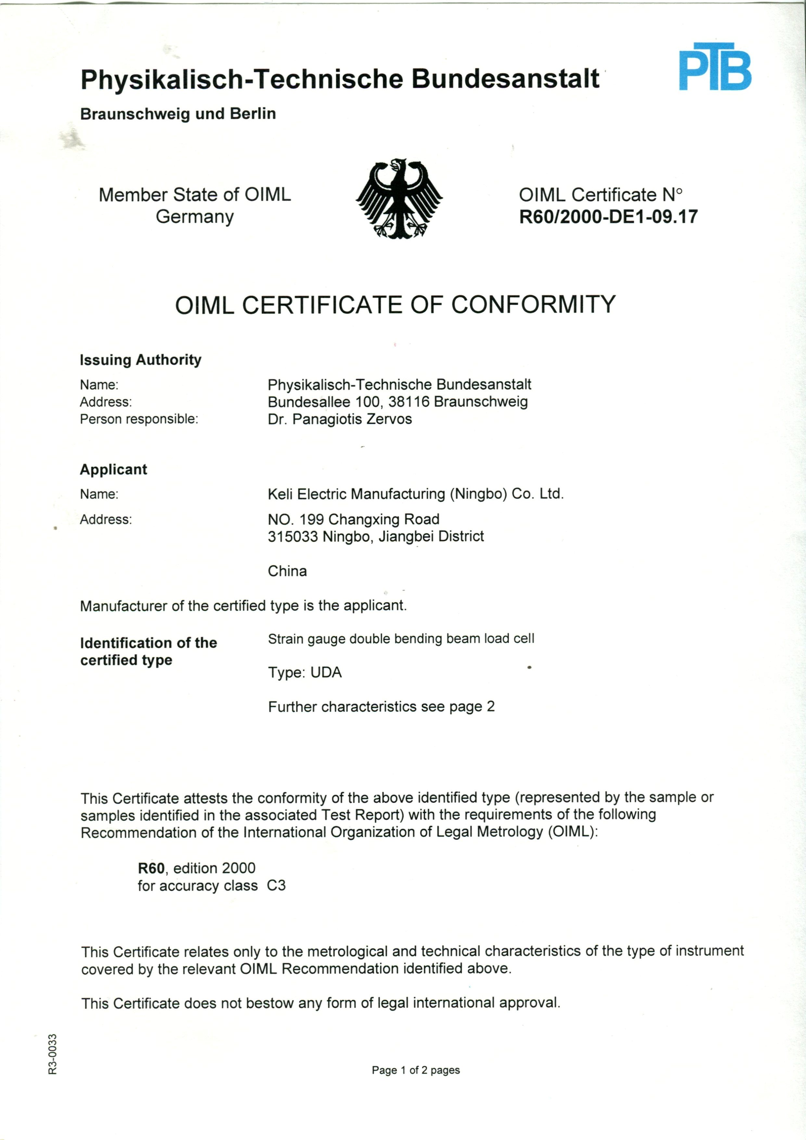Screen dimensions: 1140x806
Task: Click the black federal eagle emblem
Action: [399, 199]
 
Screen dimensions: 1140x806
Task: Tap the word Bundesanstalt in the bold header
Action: [505, 80]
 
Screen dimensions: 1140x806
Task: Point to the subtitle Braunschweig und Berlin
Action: [178, 114]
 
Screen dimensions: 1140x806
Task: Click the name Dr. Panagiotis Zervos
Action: [340, 419]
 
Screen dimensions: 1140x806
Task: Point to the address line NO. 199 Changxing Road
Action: [353, 519]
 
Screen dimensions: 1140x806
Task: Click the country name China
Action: [287, 571]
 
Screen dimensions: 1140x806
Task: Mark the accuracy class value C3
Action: [276, 886]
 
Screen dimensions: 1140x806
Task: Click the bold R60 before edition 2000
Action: [151, 868]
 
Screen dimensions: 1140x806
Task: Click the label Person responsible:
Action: [139, 419]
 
